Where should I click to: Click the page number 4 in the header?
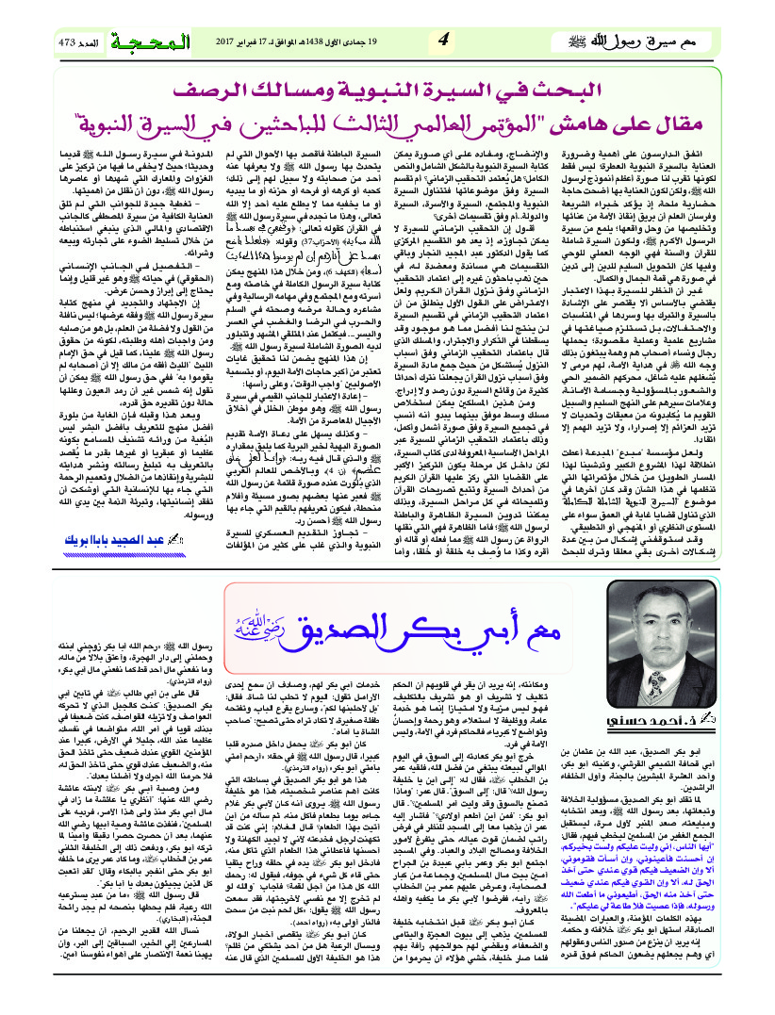444,41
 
